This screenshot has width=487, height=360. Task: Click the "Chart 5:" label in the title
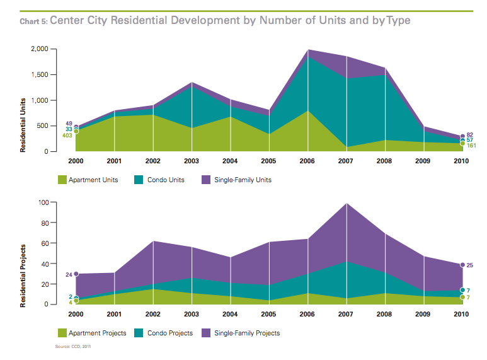tap(33, 21)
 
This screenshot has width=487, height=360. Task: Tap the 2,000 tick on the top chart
tap(40, 49)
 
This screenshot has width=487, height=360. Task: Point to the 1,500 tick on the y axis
tap(40, 74)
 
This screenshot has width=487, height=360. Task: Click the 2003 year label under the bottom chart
tap(192, 314)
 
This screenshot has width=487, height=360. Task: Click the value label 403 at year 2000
tap(66, 135)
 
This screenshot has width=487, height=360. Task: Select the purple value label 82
tap(471, 134)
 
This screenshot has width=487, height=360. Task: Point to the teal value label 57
tap(471, 140)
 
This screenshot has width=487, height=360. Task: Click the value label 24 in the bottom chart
tap(68, 274)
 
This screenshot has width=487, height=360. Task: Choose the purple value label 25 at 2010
tap(471, 265)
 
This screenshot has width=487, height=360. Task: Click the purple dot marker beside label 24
tap(76, 274)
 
